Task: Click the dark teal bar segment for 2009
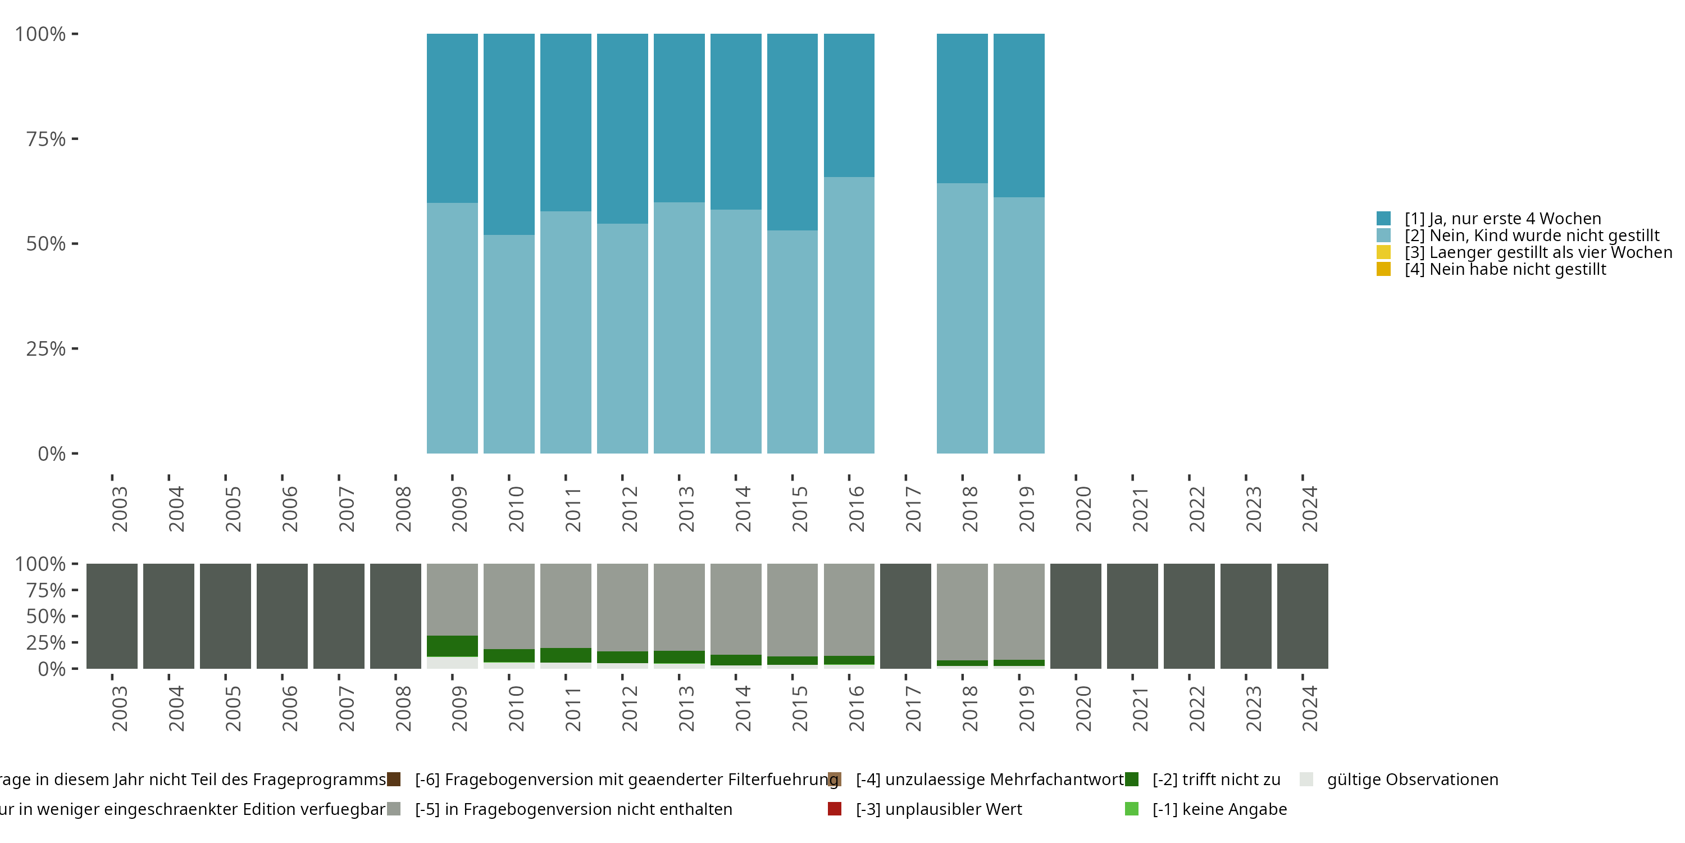pyautogui.click(x=452, y=118)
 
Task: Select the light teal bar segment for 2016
pyautogui.click(x=849, y=314)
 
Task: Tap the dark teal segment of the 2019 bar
pyautogui.click(x=1018, y=115)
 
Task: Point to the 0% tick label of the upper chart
pyautogui.click(x=52, y=454)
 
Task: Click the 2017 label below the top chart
pyautogui.click(x=913, y=509)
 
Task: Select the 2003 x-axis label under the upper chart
pyautogui.click(x=120, y=509)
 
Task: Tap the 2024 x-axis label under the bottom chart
pyautogui.click(x=1310, y=708)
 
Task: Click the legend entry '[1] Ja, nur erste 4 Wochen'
pyautogui.click(x=1502, y=219)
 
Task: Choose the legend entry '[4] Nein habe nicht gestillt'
pyautogui.click(x=1505, y=270)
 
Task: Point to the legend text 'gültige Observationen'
pyautogui.click(x=1412, y=779)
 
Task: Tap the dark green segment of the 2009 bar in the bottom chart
pyautogui.click(x=452, y=646)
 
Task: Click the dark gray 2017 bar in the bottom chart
pyautogui.click(x=905, y=616)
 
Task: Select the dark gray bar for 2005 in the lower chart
pyautogui.click(x=225, y=616)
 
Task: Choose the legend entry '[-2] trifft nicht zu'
pyautogui.click(x=1216, y=779)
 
